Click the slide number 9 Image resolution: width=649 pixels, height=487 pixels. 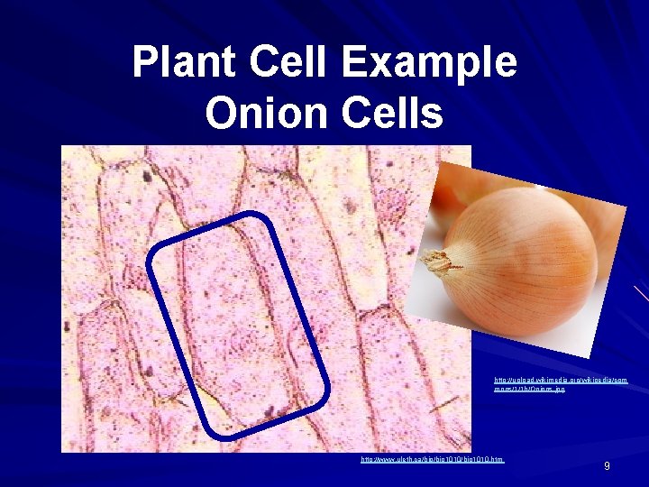(607, 465)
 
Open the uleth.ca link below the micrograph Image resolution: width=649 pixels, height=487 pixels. (432, 460)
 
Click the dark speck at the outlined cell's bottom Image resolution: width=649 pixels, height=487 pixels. (268, 412)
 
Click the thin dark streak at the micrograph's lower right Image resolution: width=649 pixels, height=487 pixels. (443, 405)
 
